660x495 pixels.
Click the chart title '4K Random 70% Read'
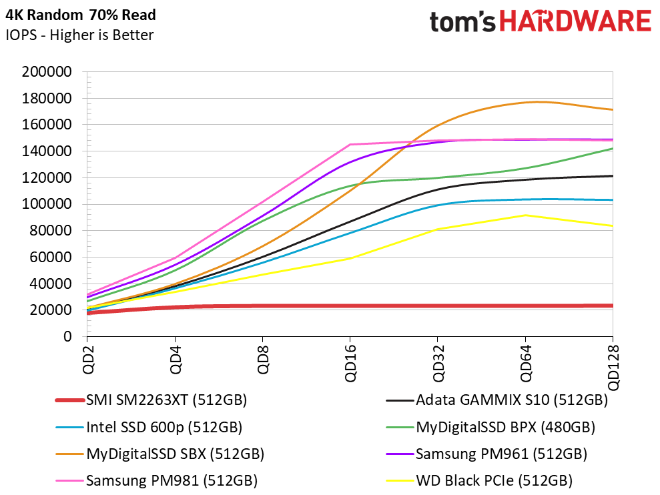point(80,15)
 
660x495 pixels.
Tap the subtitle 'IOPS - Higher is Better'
point(79,35)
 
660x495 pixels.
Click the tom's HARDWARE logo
point(541,21)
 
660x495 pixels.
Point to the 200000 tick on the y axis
point(47,71)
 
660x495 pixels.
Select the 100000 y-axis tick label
point(47,204)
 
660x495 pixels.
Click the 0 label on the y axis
point(67,336)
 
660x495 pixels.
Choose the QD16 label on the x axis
point(350,363)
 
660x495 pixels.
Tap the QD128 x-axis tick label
point(613,367)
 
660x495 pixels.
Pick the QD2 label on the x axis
point(87,359)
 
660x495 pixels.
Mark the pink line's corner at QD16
point(350,145)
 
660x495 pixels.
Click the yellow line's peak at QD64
point(525,215)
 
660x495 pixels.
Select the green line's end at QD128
point(613,149)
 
